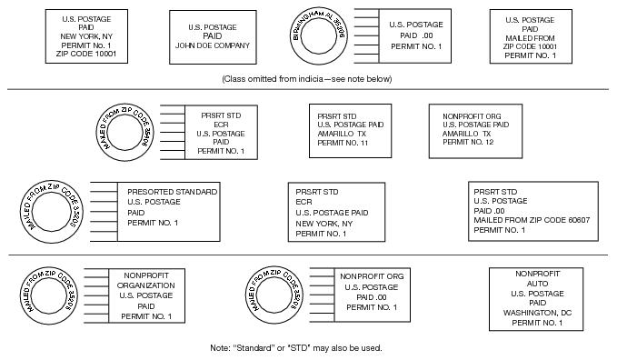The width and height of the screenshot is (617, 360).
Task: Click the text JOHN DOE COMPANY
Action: click(212, 45)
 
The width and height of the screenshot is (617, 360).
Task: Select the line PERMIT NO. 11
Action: click(343, 144)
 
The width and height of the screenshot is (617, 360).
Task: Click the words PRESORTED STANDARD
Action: click(172, 193)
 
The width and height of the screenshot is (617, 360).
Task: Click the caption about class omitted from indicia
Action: click(306, 79)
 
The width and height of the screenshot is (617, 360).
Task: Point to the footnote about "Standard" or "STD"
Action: click(295, 348)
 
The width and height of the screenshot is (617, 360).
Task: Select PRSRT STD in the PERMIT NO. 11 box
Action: click(336, 116)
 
